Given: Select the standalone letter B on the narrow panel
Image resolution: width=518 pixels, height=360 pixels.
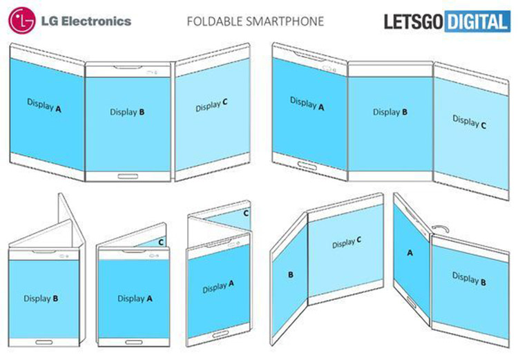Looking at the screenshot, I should tap(291, 274).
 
